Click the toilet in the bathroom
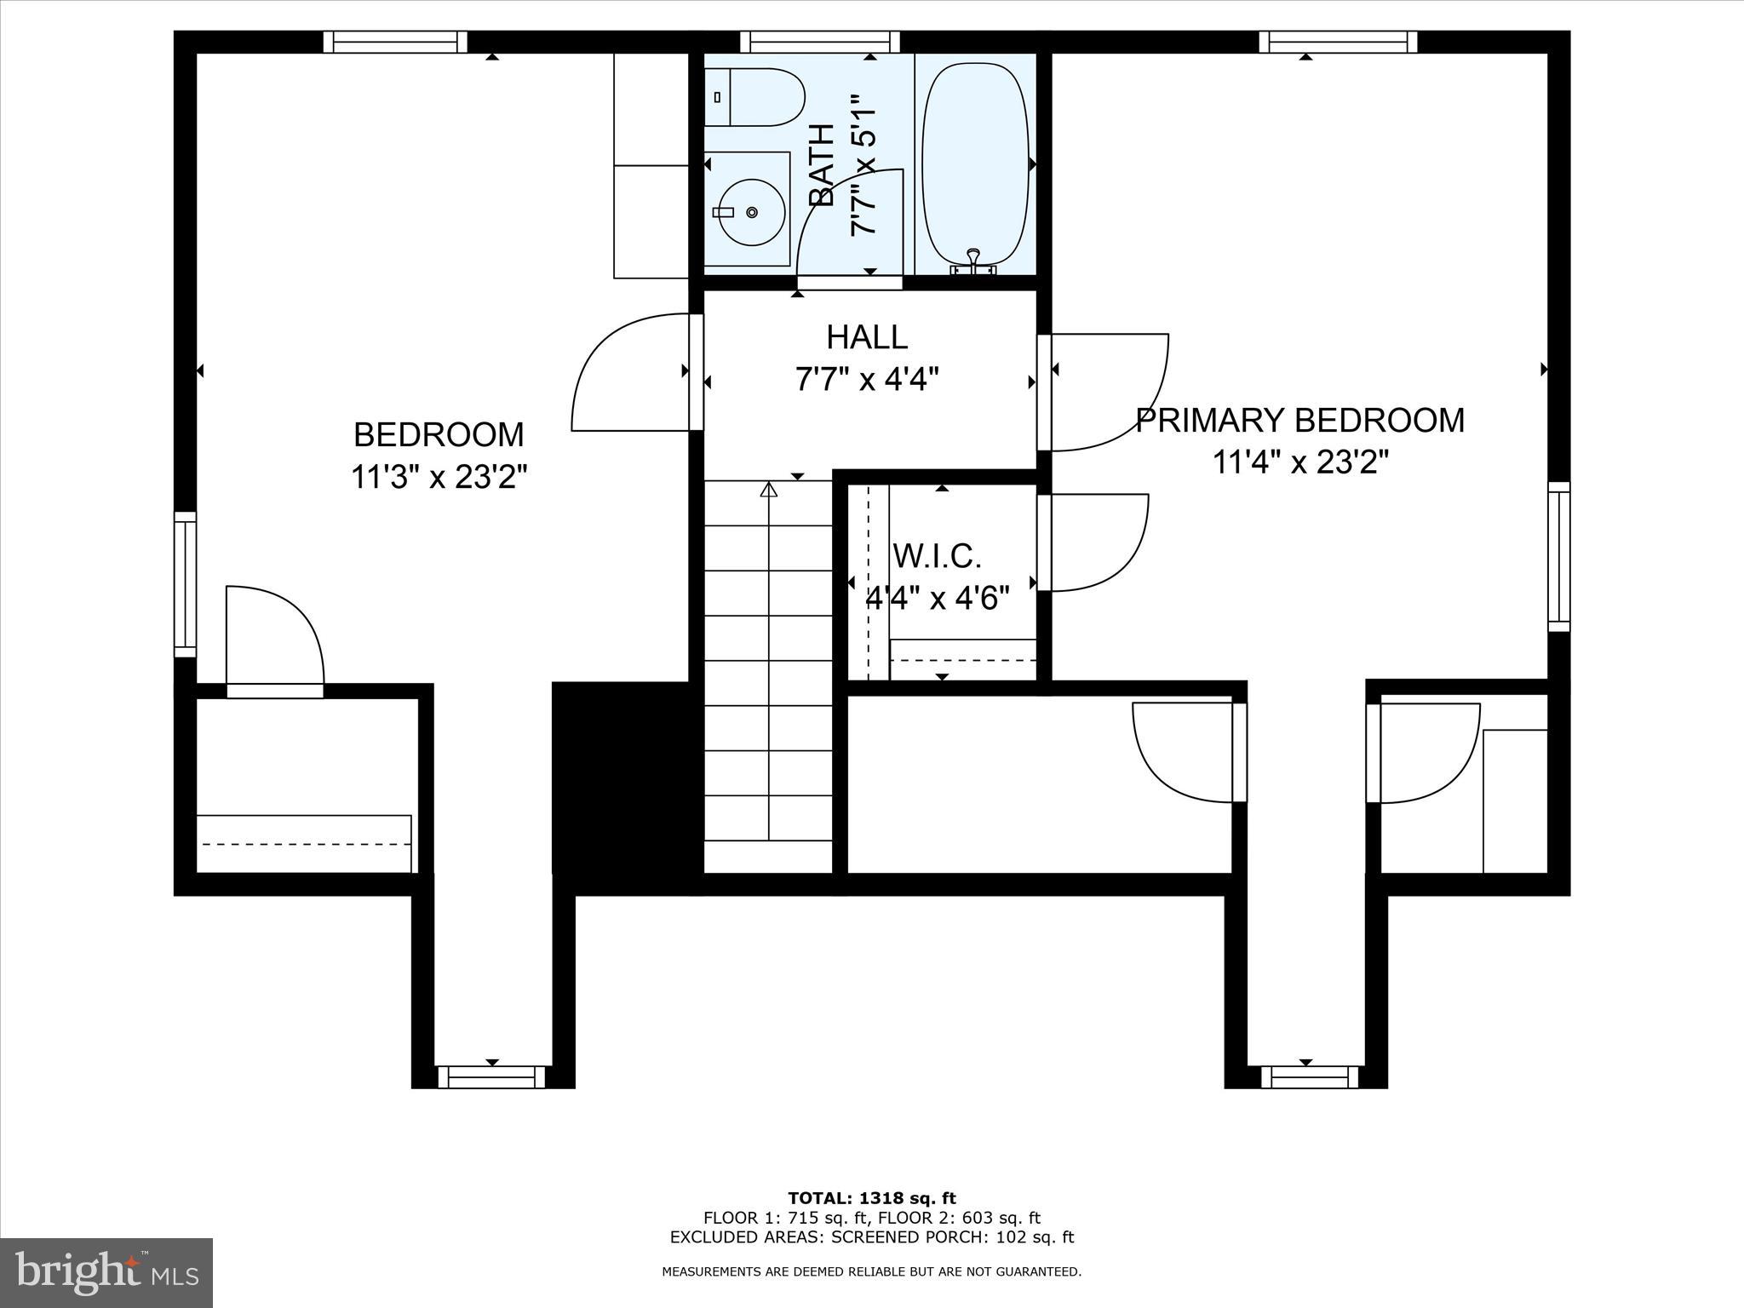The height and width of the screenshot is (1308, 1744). tap(755, 97)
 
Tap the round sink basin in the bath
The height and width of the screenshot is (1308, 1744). tap(750, 211)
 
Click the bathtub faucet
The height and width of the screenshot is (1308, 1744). tap(973, 262)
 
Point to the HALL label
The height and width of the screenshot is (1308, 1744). tap(867, 337)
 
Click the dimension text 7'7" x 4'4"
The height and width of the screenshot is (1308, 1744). tap(867, 378)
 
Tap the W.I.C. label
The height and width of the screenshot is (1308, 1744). tap(937, 556)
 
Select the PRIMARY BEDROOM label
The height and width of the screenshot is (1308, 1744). tap(1299, 421)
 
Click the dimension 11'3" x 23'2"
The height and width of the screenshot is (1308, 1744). tap(439, 477)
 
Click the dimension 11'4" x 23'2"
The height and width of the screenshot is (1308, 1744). tap(1300, 462)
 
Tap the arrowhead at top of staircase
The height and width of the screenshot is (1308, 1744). tap(769, 490)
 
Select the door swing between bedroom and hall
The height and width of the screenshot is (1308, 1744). tap(630, 375)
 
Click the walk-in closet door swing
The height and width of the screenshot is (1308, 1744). tap(1094, 542)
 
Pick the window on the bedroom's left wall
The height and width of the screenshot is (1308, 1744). tap(185, 584)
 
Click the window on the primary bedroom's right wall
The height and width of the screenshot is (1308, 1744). tap(1558, 556)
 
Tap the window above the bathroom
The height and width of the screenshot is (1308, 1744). tap(819, 42)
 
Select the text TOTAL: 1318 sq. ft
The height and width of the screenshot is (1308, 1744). tap(871, 1198)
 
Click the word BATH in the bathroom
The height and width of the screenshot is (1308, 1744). tap(821, 165)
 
